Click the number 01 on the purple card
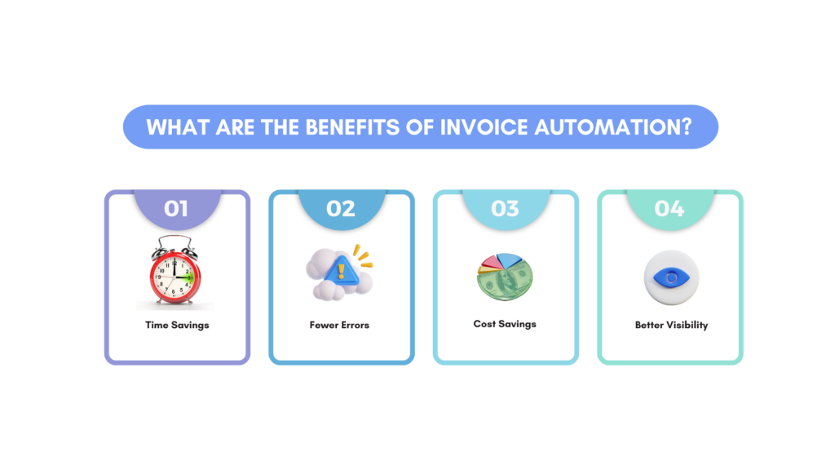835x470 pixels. (x=176, y=209)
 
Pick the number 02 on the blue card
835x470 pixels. (x=341, y=209)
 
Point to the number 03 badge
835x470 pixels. (x=505, y=209)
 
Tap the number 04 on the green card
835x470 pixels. (x=669, y=209)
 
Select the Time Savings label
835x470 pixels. (x=176, y=325)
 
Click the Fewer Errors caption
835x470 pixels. (x=339, y=325)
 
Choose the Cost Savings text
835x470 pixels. (x=505, y=324)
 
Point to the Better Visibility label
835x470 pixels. (x=671, y=325)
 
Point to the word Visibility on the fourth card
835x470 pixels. (x=687, y=325)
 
